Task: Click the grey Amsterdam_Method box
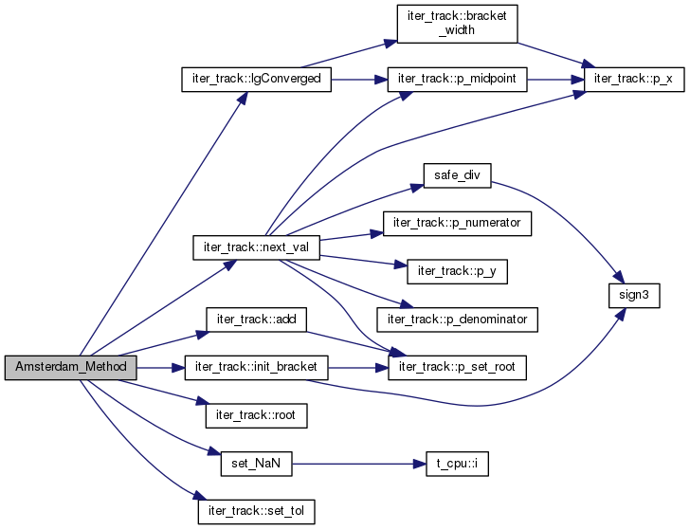coord(71,368)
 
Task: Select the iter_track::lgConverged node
coord(256,80)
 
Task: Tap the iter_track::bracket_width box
coord(457,24)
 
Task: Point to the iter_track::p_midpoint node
coord(457,80)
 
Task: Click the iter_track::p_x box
coord(634,80)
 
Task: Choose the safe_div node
coord(457,175)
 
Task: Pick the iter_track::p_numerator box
coord(457,224)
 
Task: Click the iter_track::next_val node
coord(256,247)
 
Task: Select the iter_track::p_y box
coord(457,271)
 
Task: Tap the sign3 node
coord(634,296)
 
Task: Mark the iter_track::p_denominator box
coord(457,320)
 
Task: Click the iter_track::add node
coord(256,320)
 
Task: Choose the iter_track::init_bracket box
coord(256,368)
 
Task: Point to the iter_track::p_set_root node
coord(457,368)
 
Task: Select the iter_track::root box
coord(256,415)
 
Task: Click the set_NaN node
coord(256,464)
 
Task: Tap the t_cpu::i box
coord(457,464)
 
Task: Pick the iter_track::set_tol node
coord(256,512)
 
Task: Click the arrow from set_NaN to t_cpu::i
coord(359,464)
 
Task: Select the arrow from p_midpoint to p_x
coord(555,80)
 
